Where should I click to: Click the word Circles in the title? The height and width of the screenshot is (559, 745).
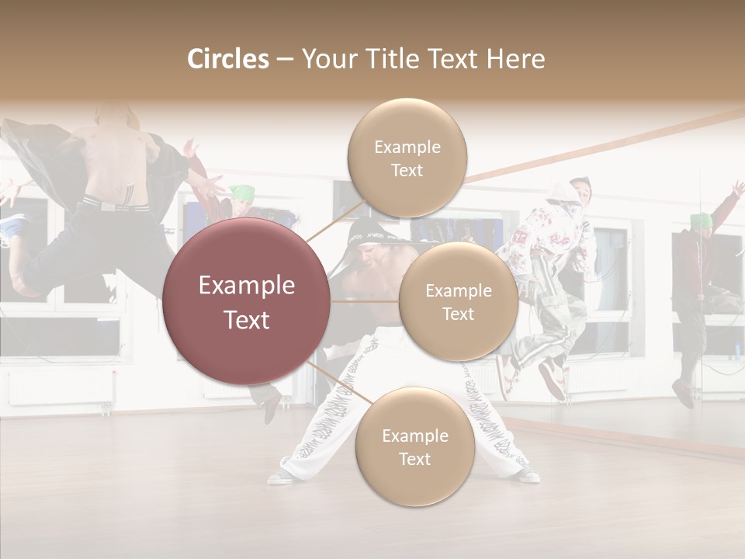point(227,59)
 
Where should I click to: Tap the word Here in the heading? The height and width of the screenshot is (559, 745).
point(515,59)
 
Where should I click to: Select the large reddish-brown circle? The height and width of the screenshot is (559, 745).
point(247,301)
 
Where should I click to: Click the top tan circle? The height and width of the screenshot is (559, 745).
point(407,158)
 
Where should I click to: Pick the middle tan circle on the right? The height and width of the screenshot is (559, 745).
point(458,302)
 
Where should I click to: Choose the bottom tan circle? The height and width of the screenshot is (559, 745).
point(414,447)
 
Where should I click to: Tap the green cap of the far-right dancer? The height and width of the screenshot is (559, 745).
point(701,220)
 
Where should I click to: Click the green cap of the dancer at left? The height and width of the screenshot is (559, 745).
point(243,192)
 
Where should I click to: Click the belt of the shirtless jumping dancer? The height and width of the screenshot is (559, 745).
point(113,204)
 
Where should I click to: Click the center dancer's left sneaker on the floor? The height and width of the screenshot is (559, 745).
point(281,476)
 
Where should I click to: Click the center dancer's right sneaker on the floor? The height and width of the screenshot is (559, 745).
point(528,474)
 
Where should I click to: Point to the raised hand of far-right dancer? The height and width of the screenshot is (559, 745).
point(737,189)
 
